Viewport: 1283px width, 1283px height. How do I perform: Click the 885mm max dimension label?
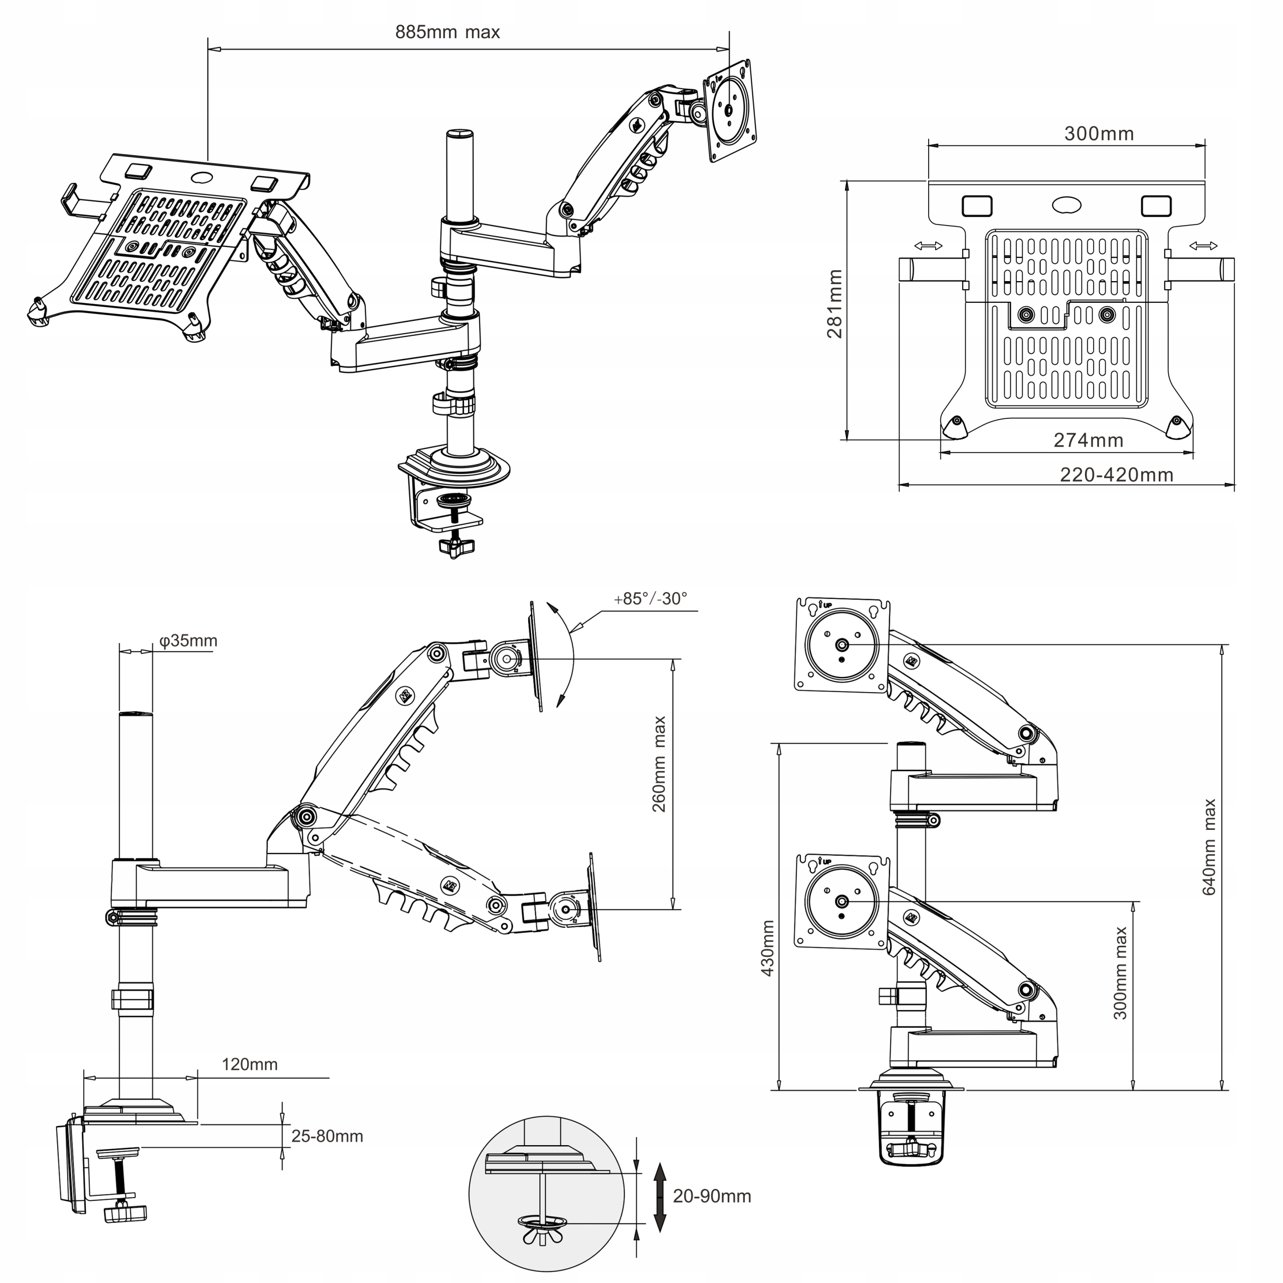click(447, 33)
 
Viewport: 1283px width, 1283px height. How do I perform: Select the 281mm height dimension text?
click(835, 304)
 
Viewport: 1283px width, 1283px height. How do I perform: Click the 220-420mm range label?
click(1116, 475)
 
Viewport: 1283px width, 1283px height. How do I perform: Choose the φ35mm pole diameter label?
click(188, 641)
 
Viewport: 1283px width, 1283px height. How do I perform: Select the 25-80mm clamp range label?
click(327, 1136)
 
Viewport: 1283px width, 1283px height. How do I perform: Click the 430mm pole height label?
click(768, 948)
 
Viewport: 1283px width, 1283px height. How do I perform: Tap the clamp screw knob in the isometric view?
click(456, 547)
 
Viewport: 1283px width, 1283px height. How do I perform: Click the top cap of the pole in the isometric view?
click(460, 135)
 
